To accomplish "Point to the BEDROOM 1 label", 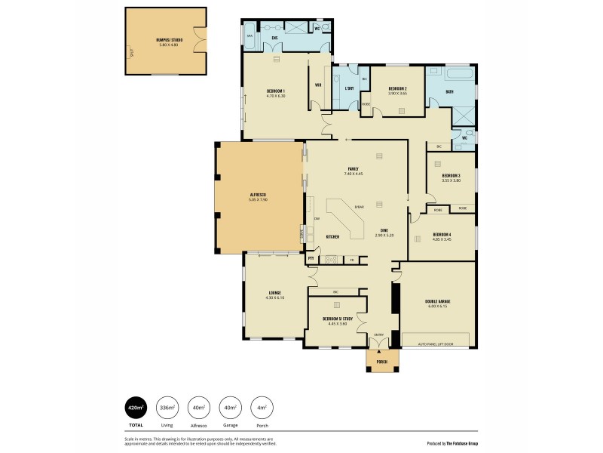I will pyautogui.click(x=276, y=91).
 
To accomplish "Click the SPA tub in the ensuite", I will pyautogui.click(x=249, y=35).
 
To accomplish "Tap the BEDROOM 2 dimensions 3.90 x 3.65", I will pyautogui.click(x=397, y=94).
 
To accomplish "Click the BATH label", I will pyautogui.click(x=449, y=91).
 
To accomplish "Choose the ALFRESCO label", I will pyautogui.click(x=259, y=195).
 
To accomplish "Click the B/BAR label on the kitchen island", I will pyautogui.click(x=359, y=207).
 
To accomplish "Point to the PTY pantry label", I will pyautogui.click(x=311, y=259).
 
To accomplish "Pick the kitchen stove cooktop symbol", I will pyautogui.click(x=330, y=260).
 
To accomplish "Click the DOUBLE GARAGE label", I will pyautogui.click(x=438, y=301).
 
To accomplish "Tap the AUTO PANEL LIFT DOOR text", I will pyautogui.click(x=437, y=344).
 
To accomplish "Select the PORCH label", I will pyautogui.click(x=381, y=362).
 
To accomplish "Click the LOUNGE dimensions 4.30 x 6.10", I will pyautogui.click(x=275, y=297).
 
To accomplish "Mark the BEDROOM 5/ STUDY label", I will pyautogui.click(x=338, y=319).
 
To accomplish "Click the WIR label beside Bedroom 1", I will pyautogui.click(x=319, y=85).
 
